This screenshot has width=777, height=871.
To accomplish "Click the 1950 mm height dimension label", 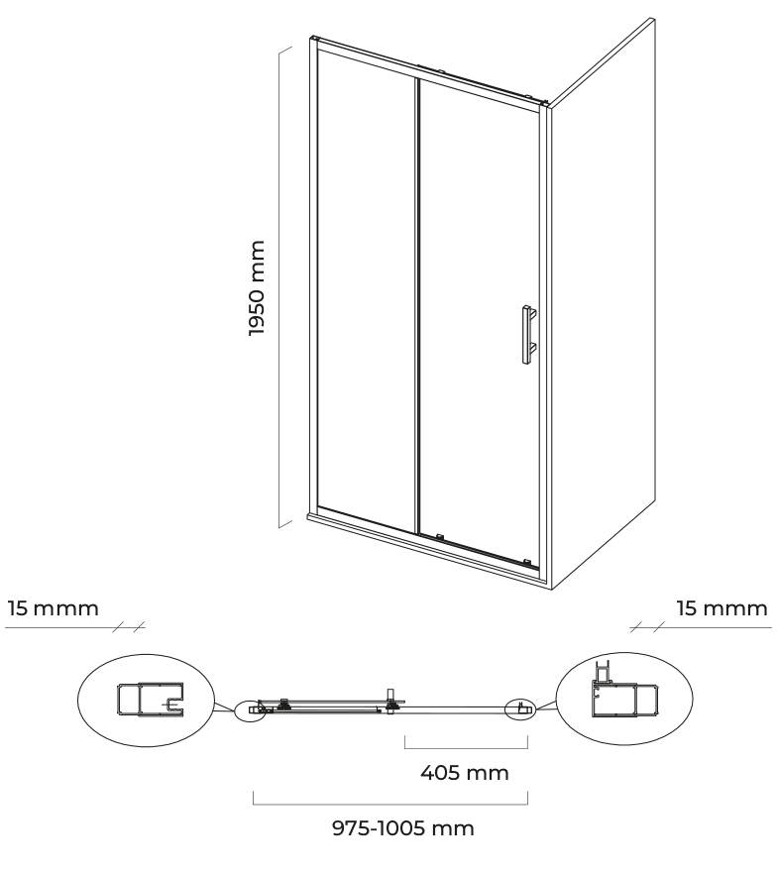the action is click(256, 287).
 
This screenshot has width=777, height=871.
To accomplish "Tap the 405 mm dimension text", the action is click(464, 773).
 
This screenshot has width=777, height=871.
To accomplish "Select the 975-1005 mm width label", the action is click(403, 828).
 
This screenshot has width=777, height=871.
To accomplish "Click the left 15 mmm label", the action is click(54, 608).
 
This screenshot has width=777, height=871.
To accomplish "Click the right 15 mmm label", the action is click(722, 608).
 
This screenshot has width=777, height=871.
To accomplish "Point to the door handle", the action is click(527, 334).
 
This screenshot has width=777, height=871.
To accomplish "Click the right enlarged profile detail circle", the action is click(624, 699).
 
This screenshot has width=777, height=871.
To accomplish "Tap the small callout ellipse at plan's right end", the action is click(520, 708).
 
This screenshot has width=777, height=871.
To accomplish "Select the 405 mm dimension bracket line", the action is click(466, 748).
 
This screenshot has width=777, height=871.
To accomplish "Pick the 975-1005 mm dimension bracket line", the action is click(390, 804).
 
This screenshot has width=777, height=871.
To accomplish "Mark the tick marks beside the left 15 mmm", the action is click(128, 626).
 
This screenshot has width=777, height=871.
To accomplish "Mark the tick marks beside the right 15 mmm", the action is click(647, 626).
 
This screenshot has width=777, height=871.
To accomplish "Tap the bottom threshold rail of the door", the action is click(428, 550).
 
